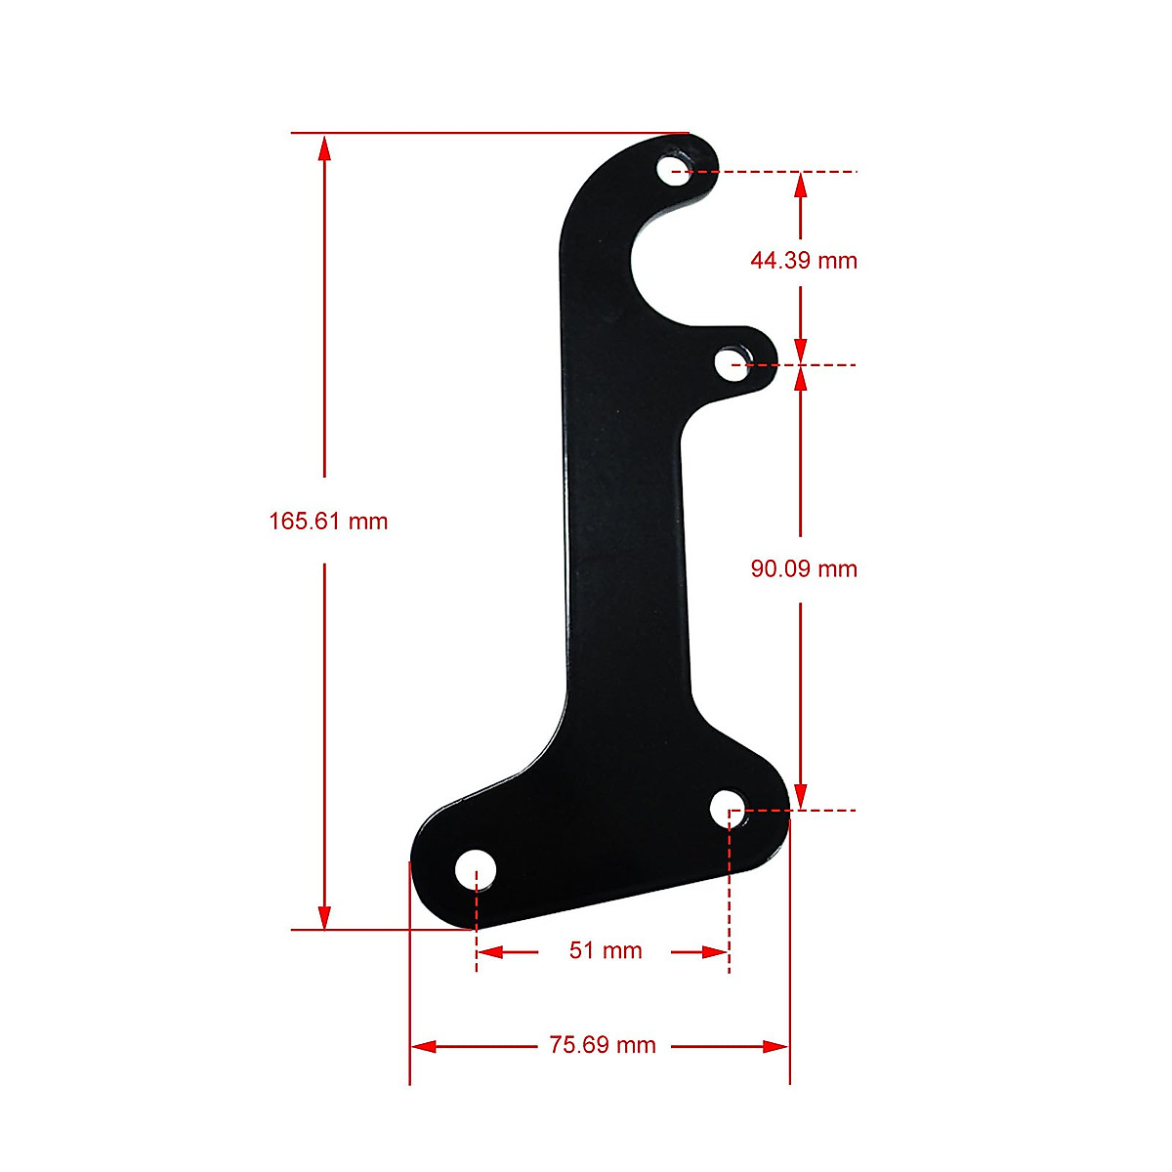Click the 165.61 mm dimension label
[328, 522]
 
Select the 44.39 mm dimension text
[803, 261]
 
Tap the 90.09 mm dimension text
[803, 568]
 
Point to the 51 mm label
[606, 950]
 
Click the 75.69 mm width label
[602, 1046]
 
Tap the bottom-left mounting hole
[476, 869]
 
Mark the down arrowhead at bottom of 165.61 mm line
[324, 916]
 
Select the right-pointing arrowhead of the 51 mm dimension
[715, 951]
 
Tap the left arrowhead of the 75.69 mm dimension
[424, 1046]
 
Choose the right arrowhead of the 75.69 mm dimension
[775, 1046]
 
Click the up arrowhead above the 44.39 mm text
[801, 186]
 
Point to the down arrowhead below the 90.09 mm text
[801, 795]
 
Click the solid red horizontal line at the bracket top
[488, 132]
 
